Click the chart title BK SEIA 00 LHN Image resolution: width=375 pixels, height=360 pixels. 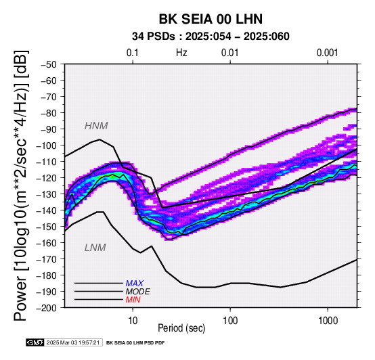[211, 19]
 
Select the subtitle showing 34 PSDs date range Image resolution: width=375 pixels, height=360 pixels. [211, 37]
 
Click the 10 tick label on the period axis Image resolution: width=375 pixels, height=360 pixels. [133, 321]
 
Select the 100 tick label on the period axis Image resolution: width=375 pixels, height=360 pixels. [230, 321]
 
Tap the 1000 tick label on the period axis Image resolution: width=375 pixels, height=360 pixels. [328, 321]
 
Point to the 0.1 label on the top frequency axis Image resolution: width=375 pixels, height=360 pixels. [133, 53]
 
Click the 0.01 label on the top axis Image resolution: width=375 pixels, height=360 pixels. [230, 53]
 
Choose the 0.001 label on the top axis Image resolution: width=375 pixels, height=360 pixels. [328, 53]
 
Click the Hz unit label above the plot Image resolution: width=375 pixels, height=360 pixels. [181, 53]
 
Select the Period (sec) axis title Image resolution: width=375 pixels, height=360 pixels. [181, 328]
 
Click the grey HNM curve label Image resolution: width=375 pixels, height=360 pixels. [96, 126]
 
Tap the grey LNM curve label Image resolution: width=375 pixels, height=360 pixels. [95, 248]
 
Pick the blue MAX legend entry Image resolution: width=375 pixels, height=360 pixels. [135, 284]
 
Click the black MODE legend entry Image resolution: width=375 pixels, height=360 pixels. [138, 292]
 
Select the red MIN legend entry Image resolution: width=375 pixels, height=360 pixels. [133, 300]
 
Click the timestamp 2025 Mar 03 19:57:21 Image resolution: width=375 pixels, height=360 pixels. [73, 342]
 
